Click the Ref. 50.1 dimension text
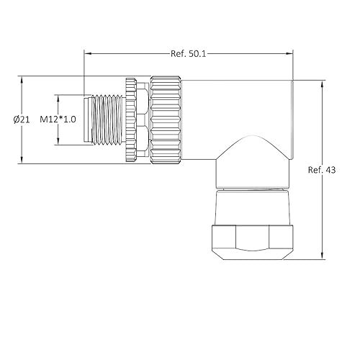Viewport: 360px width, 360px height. [x=189, y=53]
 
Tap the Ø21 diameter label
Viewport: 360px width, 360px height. [x=21, y=120]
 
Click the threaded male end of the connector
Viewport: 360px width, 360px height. [x=104, y=120]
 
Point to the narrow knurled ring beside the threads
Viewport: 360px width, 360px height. [x=131, y=120]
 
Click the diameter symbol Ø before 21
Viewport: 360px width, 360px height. [x=15, y=120]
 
